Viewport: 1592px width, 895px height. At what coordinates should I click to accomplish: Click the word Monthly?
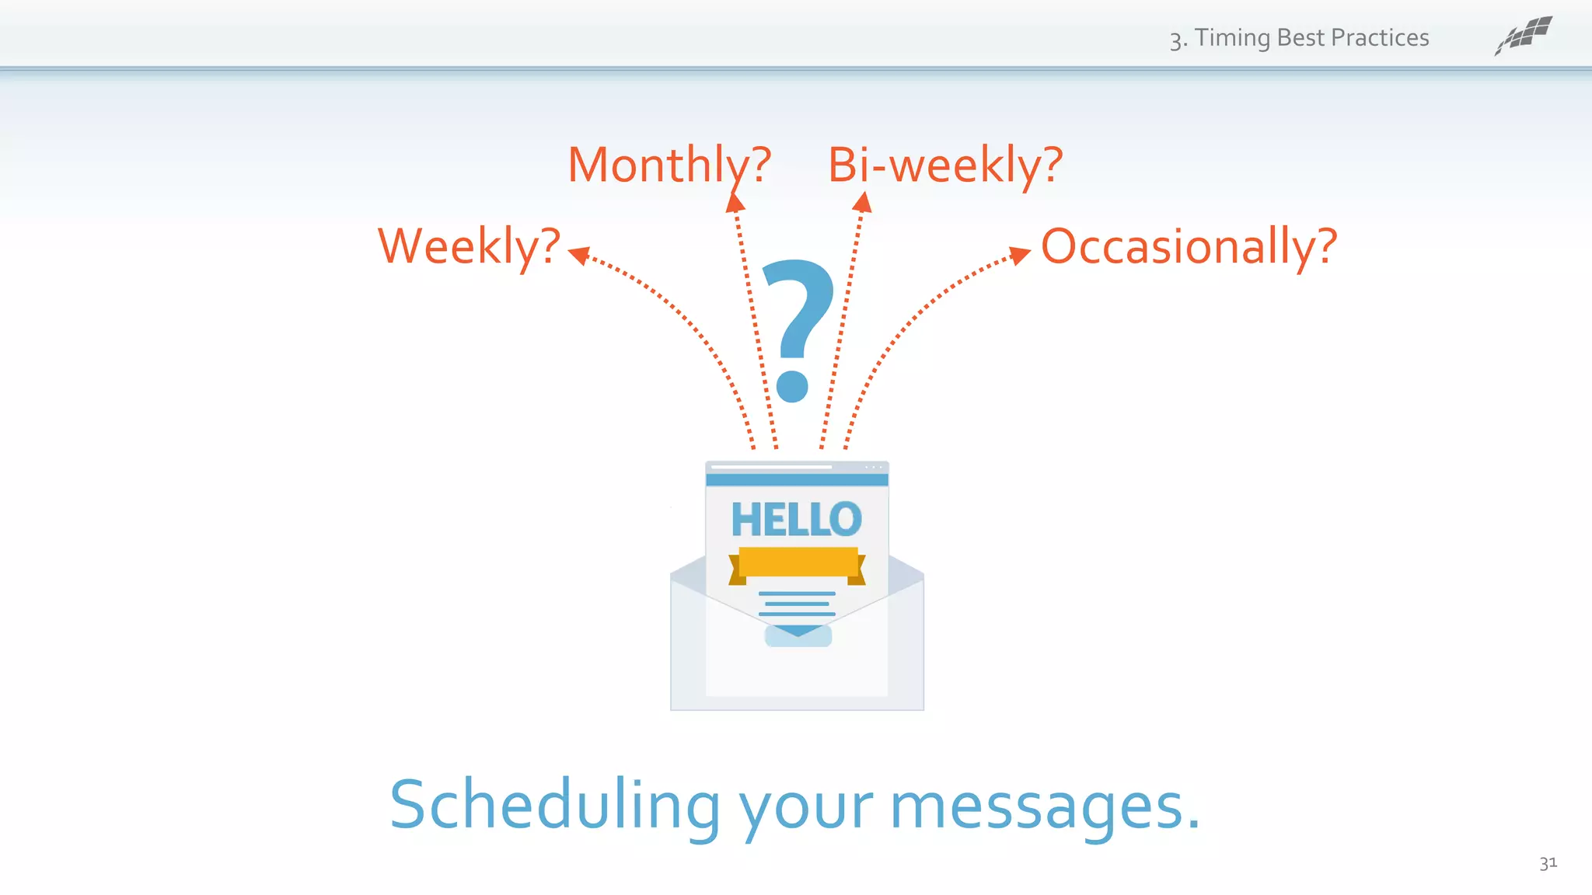click(x=669, y=165)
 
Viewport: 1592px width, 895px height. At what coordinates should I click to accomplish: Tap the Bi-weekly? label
click(x=944, y=165)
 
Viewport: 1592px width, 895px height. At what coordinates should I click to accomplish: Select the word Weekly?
click(x=469, y=247)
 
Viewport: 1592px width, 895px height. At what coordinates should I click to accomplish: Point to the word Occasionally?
click(x=1189, y=247)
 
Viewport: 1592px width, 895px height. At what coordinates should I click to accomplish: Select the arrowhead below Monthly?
click(x=735, y=204)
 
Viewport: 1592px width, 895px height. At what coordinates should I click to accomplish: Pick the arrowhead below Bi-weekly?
click(x=862, y=204)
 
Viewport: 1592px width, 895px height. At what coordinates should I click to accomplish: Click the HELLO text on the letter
click(x=796, y=520)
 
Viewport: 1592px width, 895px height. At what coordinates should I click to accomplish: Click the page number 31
click(x=1548, y=862)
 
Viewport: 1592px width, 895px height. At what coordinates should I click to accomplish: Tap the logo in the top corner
click(x=1524, y=36)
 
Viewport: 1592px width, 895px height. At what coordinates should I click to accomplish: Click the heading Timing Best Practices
click(x=1299, y=38)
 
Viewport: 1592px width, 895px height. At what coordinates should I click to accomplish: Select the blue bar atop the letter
click(x=797, y=480)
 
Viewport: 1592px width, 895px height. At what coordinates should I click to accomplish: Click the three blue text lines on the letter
click(x=797, y=604)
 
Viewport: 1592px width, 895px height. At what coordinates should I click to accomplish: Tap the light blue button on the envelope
click(x=798, y=637)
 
